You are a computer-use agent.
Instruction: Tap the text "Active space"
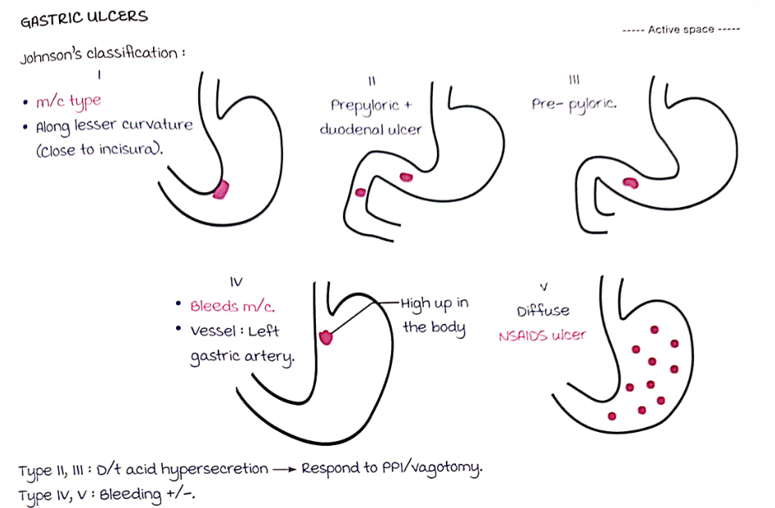[x=682, y=29]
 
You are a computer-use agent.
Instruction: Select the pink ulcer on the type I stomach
[x=221, y=190]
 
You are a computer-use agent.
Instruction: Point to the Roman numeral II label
[x=372, y=80]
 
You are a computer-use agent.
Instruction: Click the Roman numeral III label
[x=574, y=80]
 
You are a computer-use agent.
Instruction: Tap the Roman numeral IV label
[x=237, y=281]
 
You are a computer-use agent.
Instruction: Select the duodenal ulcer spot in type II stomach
[x=361, y=193]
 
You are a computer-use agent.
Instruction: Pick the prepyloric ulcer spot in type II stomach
[x=406, y=177]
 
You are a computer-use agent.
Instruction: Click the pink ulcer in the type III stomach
[x=631, y=182]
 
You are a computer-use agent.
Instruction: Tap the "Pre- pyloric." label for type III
[x=574, y=106]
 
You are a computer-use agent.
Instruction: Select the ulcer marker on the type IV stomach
[x=327, y=335]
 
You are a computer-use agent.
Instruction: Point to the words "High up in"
[x=434, y=303]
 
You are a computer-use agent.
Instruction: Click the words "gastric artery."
[x=241, y=357]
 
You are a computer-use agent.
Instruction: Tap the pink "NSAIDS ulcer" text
[x=542, y=335]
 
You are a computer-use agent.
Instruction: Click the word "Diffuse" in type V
[x=543, y=311]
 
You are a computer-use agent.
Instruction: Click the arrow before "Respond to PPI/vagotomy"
[x=284, y=470]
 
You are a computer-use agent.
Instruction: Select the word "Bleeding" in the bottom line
[x=132, y=494]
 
